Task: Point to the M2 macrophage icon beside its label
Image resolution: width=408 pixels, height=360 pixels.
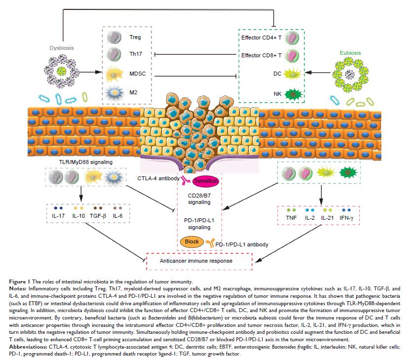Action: tap(114, 92)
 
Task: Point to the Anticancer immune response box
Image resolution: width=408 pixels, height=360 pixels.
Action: tap(189, 261)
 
